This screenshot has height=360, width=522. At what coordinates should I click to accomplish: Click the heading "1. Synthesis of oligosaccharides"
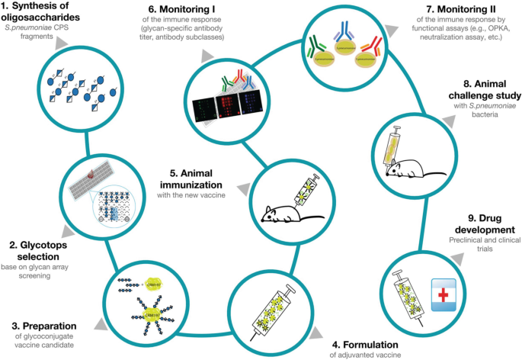[x=42, y=13]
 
